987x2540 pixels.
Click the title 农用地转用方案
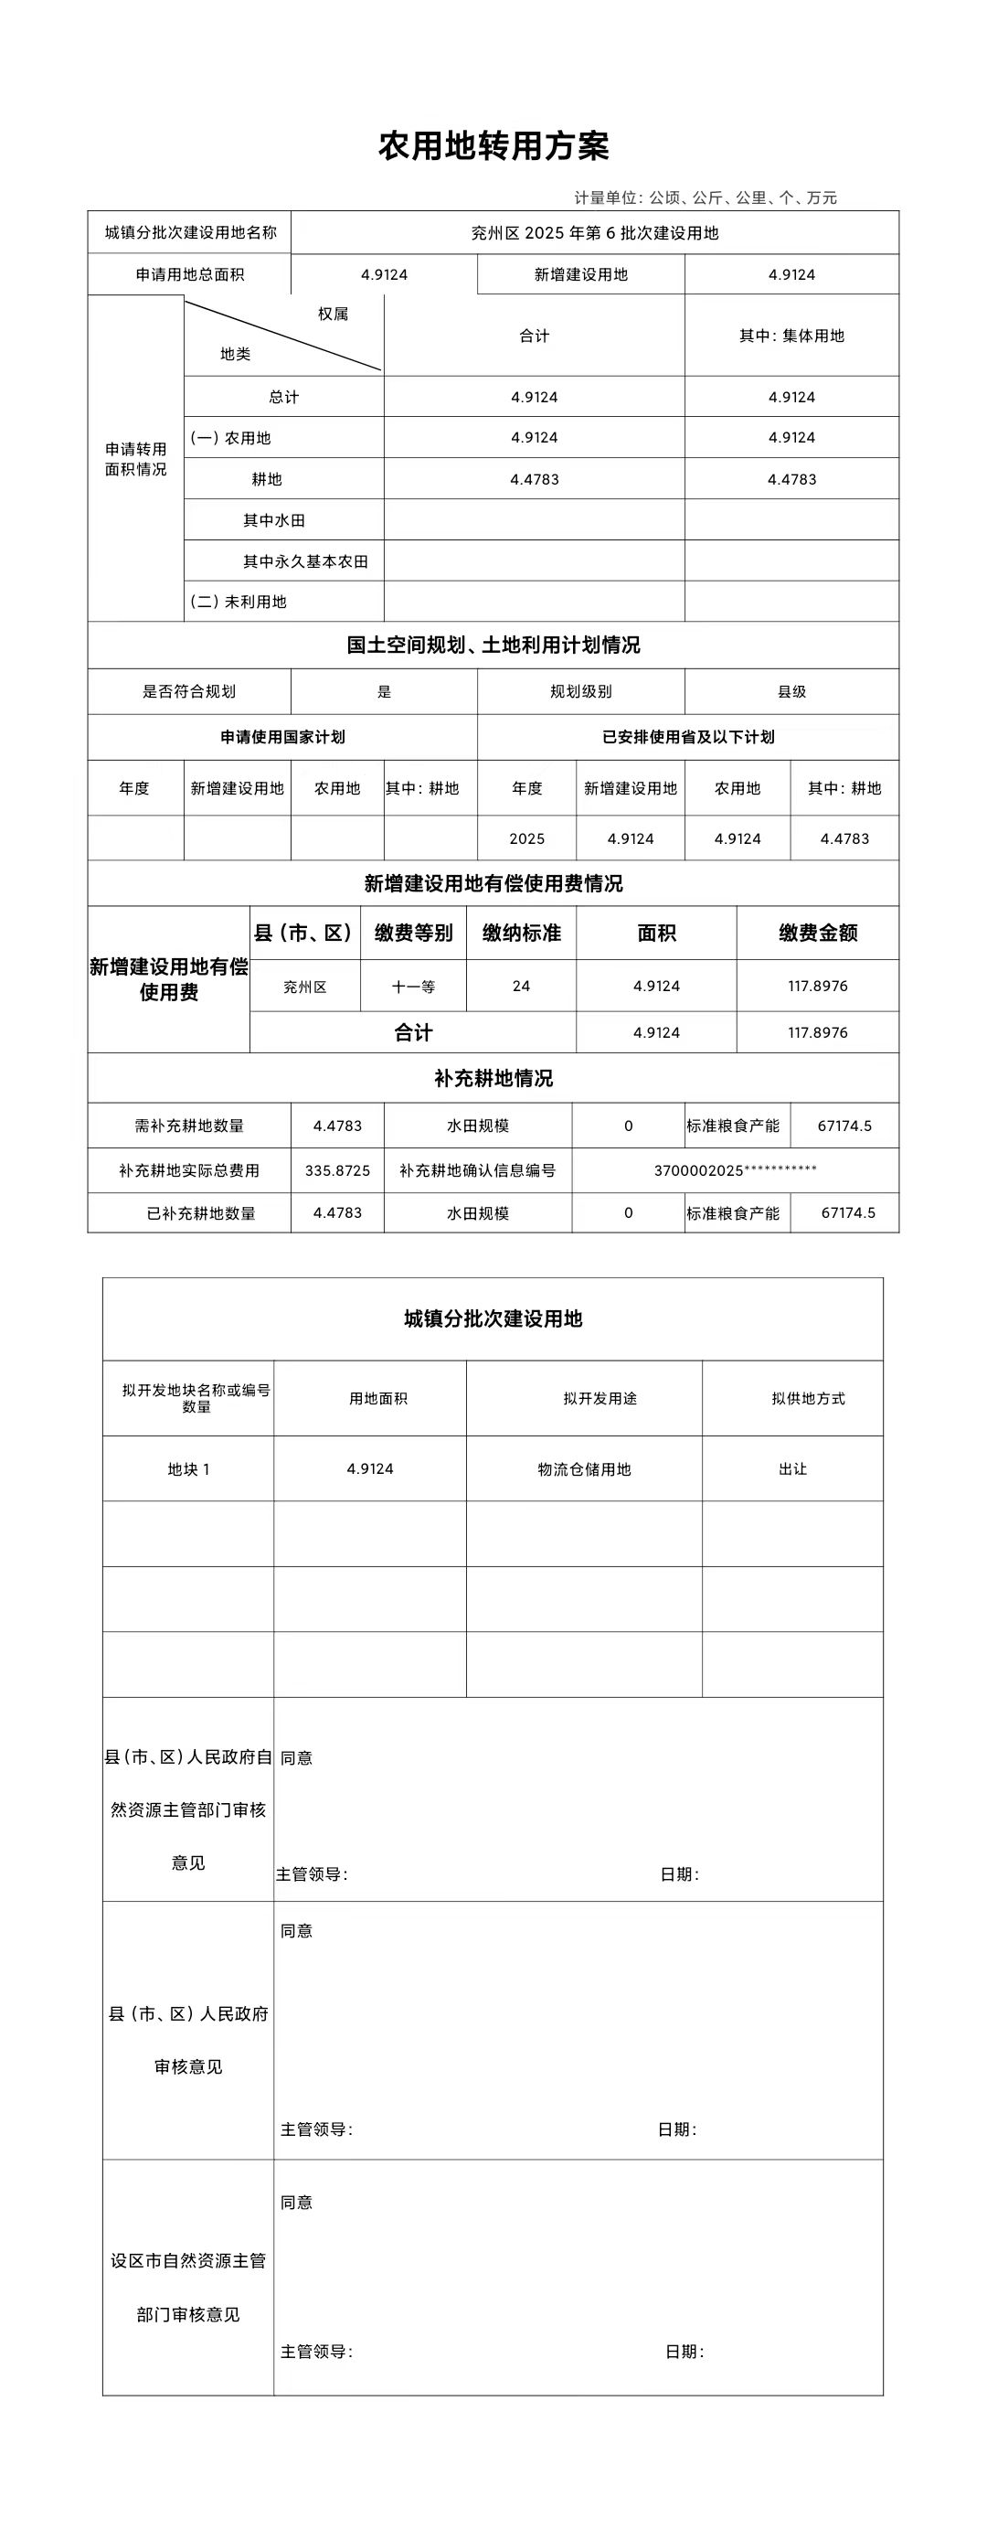[x=493, y=146]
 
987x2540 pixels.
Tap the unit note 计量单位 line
[x=705, y=198]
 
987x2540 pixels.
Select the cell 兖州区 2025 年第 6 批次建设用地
[x=595, y=234]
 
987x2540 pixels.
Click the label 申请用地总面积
[x=189, y=275]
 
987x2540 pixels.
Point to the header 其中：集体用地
[x=791, y=336]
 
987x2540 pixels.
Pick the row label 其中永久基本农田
[x=305, y=561]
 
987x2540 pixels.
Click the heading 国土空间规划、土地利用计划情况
[x=493, y=645]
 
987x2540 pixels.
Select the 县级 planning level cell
[x=791, y=692]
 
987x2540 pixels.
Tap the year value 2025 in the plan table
[x=526, y=839]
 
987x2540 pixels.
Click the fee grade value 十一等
[x=413, y=987]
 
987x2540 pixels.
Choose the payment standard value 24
[x=521, y=986]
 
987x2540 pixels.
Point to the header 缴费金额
[x=817, y=933]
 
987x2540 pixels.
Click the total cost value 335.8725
[x=337, y=1171]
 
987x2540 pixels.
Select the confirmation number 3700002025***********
[x=735, y=1171]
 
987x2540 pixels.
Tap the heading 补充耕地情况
[x=493, y=1079]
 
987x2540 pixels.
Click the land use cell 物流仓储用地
[x=584, y=1469]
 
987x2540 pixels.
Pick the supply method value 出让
[x=791, y=1469]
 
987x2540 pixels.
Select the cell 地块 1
[x=188, y=1469]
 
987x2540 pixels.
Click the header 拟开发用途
[x=600, y=1398]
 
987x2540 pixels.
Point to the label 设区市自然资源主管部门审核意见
[x=188, y=2287]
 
